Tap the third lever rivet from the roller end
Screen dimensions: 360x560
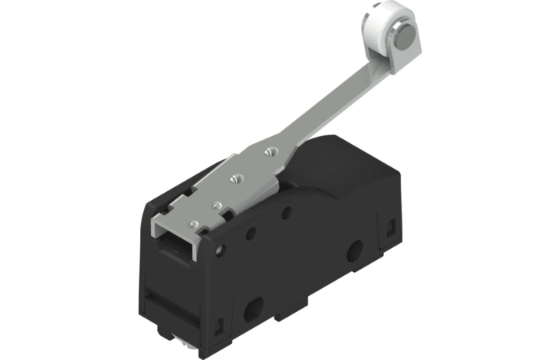pyautogui.click(x=215, y=205)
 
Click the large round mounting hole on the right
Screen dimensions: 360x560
pyautogui.click(x=353, y=257)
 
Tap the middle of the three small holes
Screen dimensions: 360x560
pyautogui.click(x=251, y=234)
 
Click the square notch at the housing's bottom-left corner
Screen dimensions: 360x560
pyautogui.click(x=218, y=326)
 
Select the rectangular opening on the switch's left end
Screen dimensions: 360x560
pyautogui.click(x=178, y=240)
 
